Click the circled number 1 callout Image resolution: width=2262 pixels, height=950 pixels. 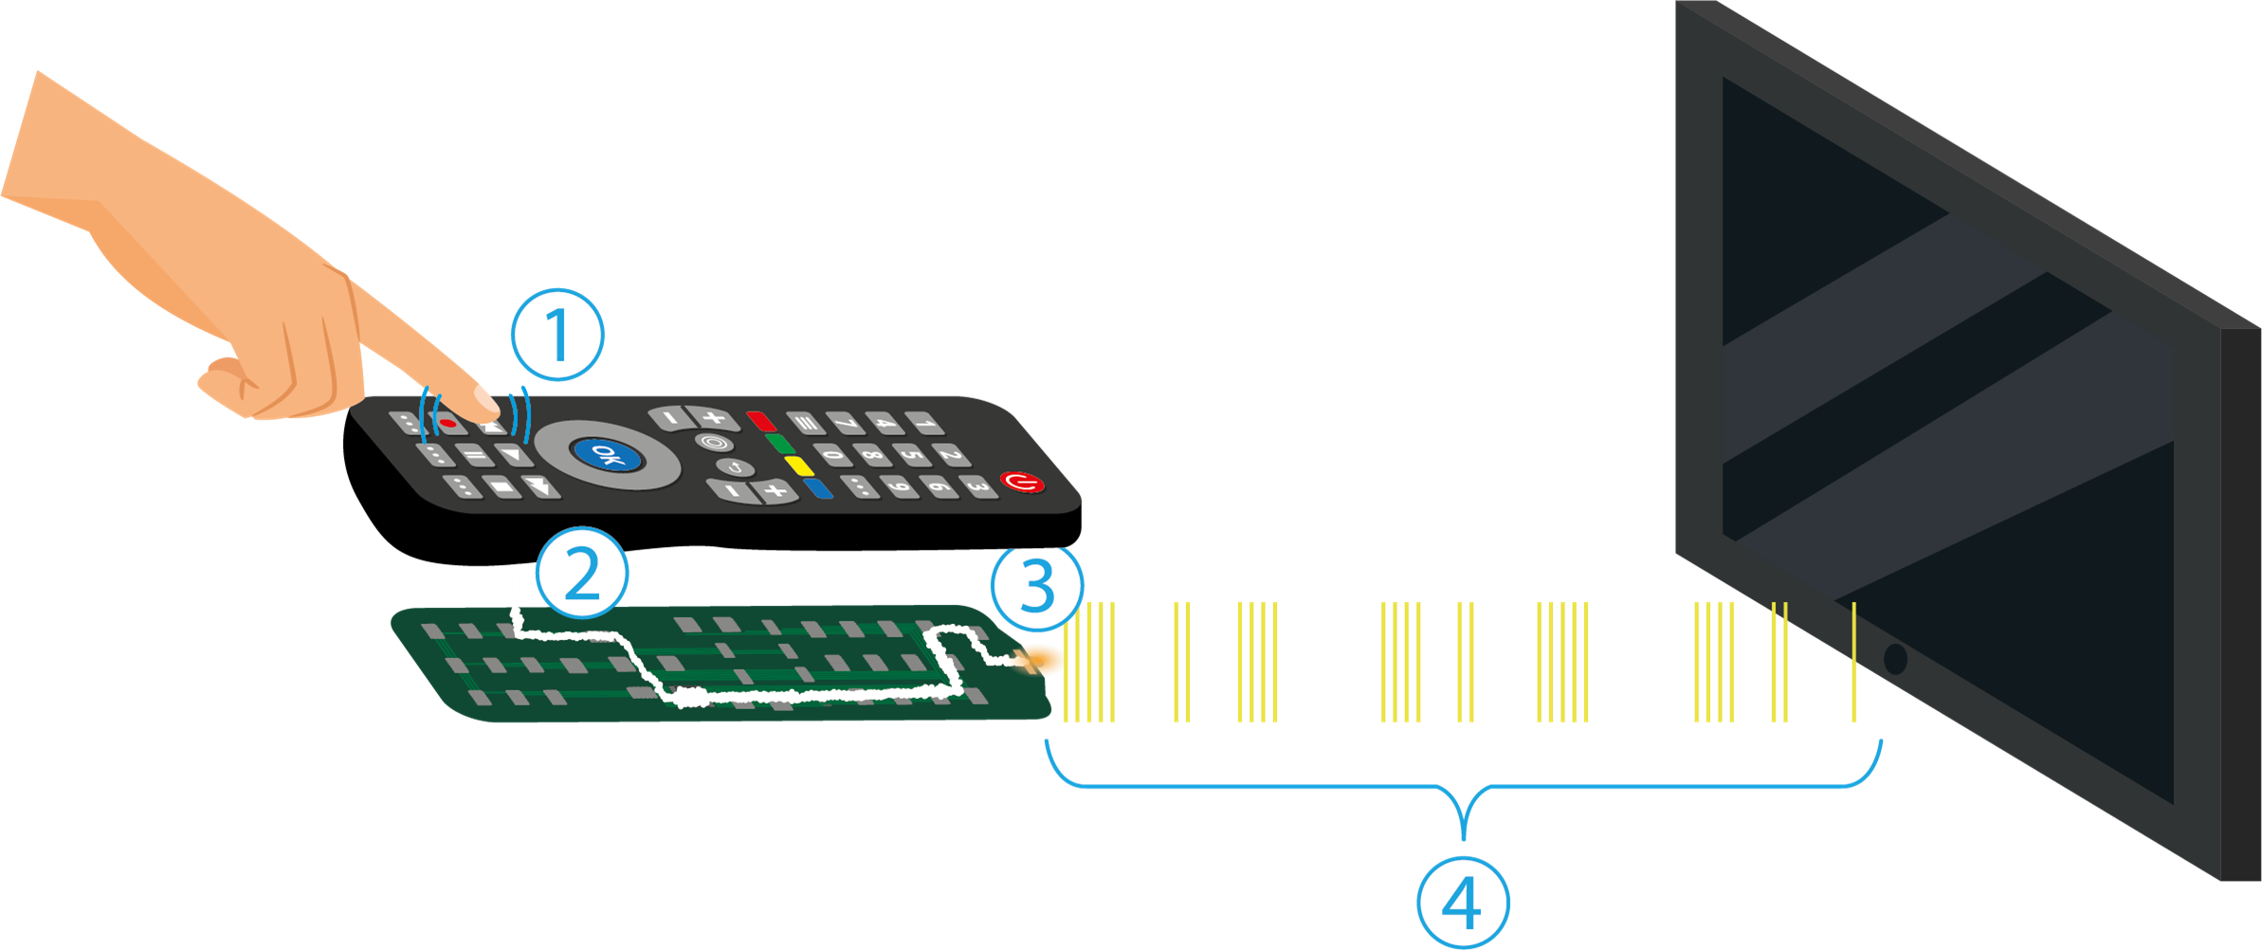557,335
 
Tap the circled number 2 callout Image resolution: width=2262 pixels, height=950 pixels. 581,574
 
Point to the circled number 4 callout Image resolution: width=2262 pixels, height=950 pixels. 1462,903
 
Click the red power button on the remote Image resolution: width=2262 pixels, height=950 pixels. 1022,483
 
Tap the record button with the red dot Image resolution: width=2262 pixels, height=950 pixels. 448,423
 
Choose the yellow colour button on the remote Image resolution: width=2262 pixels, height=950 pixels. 800,466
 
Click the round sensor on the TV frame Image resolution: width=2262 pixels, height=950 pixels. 1895,658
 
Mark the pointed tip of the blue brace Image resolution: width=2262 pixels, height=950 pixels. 1464,838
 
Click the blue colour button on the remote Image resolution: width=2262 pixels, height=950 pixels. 817,488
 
